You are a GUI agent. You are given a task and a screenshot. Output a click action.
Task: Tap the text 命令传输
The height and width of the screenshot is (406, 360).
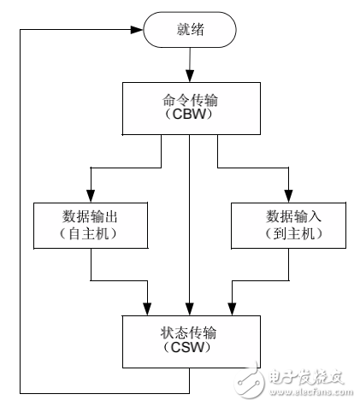pos(189,97)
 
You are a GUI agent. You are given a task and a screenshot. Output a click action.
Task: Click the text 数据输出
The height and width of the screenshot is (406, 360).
pos(91,215)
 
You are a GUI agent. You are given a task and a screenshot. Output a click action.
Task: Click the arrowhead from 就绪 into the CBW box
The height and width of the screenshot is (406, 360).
pos(189,77)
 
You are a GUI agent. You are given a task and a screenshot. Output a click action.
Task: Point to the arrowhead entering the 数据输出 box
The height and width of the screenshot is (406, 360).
pos(91,196)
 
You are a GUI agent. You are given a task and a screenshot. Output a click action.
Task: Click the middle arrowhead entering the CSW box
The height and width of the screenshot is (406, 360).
pos(189,309)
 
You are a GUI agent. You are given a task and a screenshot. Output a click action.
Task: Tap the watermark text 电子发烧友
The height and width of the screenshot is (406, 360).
pos(304,377)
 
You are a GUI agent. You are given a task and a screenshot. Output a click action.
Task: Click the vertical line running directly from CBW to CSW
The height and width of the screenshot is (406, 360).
pos(189,222)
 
